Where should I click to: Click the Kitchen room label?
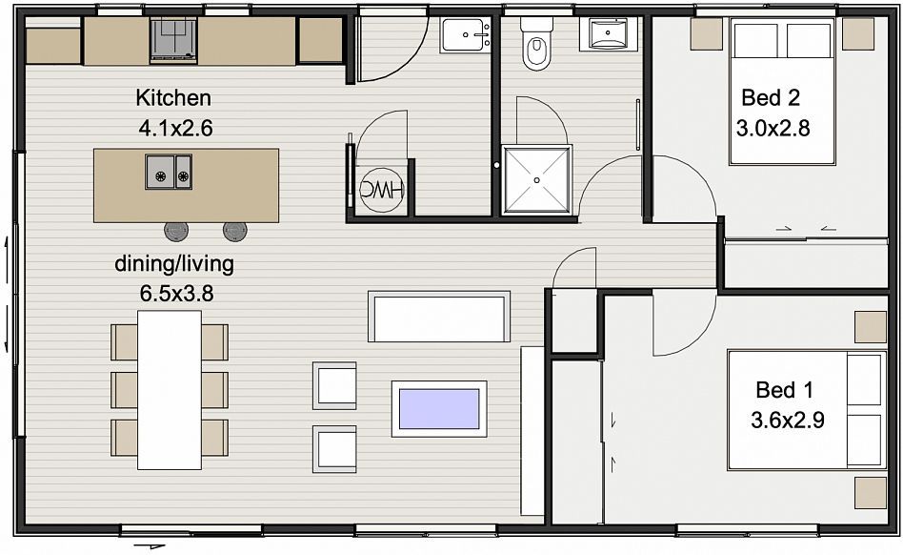(173, 97)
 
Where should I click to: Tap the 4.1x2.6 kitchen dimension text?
(175, 128)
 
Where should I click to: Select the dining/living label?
(174, 264)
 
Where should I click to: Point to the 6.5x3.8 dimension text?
(176, 294)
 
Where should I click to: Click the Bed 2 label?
(771, 97)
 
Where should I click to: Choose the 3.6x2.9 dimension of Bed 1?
(787, 421)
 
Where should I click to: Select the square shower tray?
(536, 180)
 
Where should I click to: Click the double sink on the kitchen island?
(169, 172)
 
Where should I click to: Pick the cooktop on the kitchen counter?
(173, 40)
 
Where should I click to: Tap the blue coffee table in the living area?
(439, 408)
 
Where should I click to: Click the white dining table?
(170, 390)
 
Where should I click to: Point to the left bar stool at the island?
(176, 231)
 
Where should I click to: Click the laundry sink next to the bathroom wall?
(466, 35)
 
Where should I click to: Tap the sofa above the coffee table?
(439, 317)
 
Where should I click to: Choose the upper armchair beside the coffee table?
(334, 385)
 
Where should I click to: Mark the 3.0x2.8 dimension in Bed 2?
(773, 128)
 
